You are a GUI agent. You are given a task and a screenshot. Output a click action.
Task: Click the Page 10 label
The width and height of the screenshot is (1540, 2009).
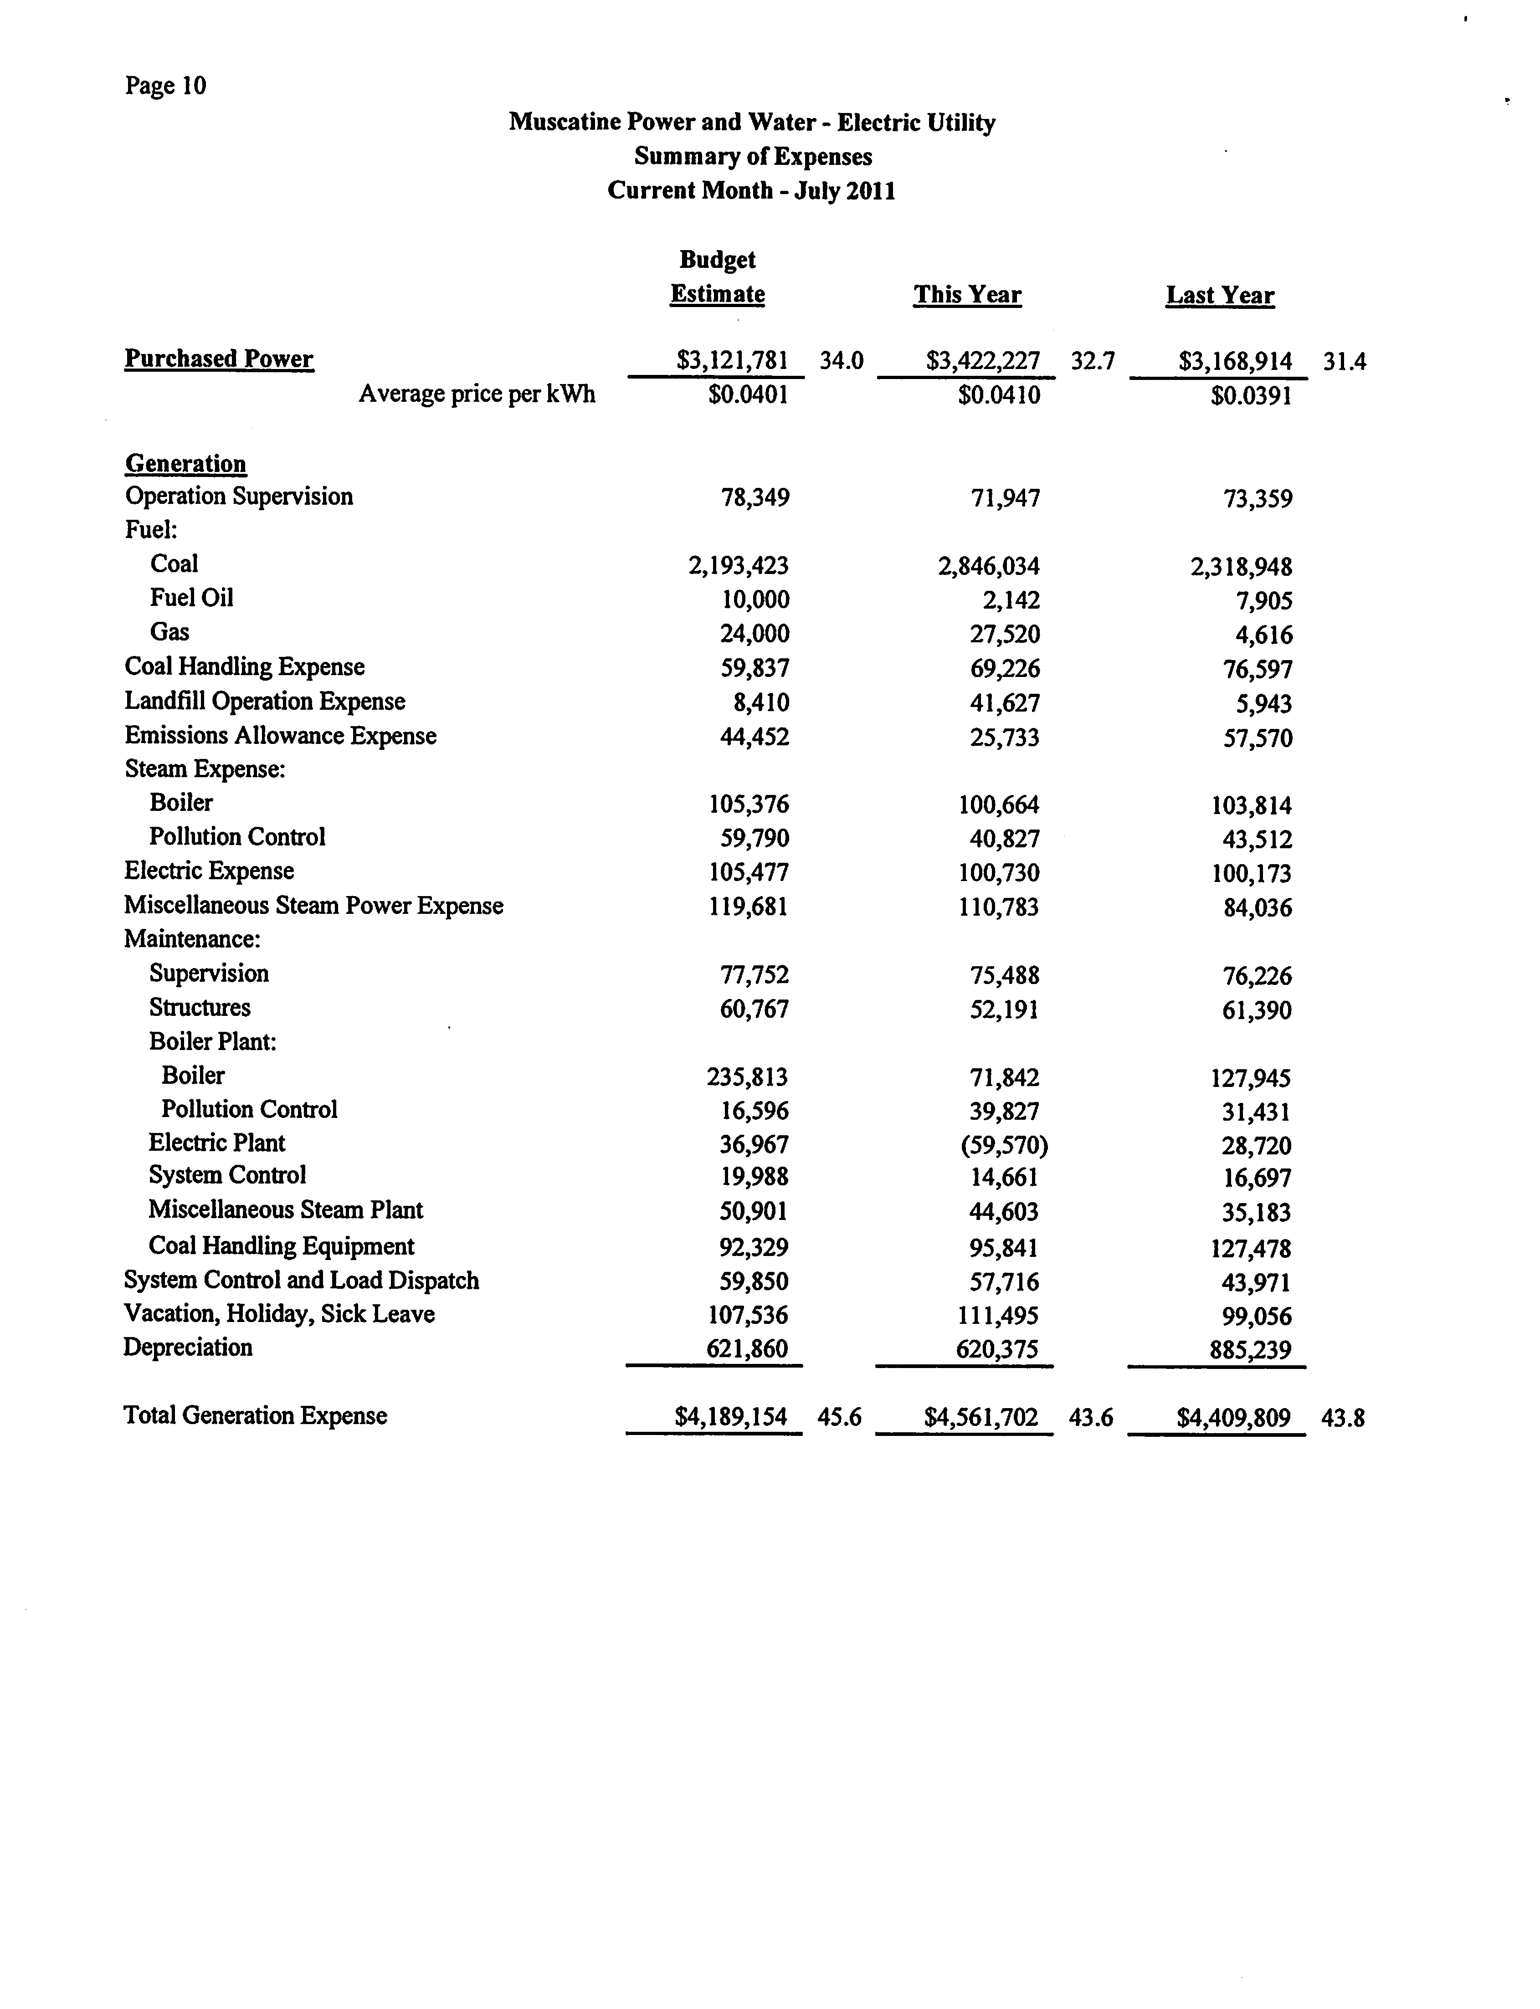[166, 86]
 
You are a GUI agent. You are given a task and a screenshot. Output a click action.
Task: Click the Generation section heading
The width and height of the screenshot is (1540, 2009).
[186, 464]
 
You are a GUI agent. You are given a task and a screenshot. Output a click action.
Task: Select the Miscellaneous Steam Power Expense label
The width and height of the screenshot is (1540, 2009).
[313, 906]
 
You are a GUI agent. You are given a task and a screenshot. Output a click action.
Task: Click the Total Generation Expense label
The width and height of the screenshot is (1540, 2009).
[255, 1416]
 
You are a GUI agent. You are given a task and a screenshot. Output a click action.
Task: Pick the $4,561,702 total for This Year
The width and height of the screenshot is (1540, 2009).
[981, 1418]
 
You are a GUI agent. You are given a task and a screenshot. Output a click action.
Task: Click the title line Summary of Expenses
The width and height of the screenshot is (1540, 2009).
[753, 157]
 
